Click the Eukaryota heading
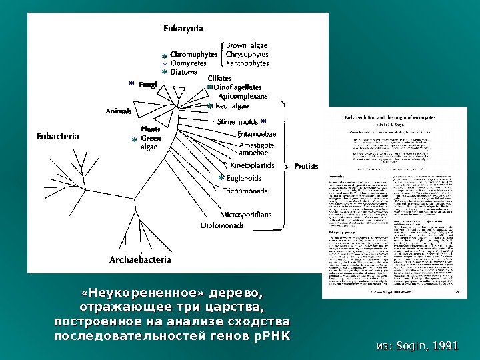pos(183,28)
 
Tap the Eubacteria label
pos(57,137)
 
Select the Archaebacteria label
pos(140,259)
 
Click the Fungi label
pos(149,85)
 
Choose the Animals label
pos(119,111)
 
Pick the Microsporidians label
pos(246,215)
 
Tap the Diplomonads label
pos(223,225)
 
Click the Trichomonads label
pos(245,191)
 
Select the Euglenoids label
pos(244,178)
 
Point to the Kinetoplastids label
pos(252,163)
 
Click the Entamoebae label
pos(257,134)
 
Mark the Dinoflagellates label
pos(237,87)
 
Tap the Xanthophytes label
pos(247,63)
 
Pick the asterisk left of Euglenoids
pos(221,179)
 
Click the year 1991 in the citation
pos(445,345)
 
